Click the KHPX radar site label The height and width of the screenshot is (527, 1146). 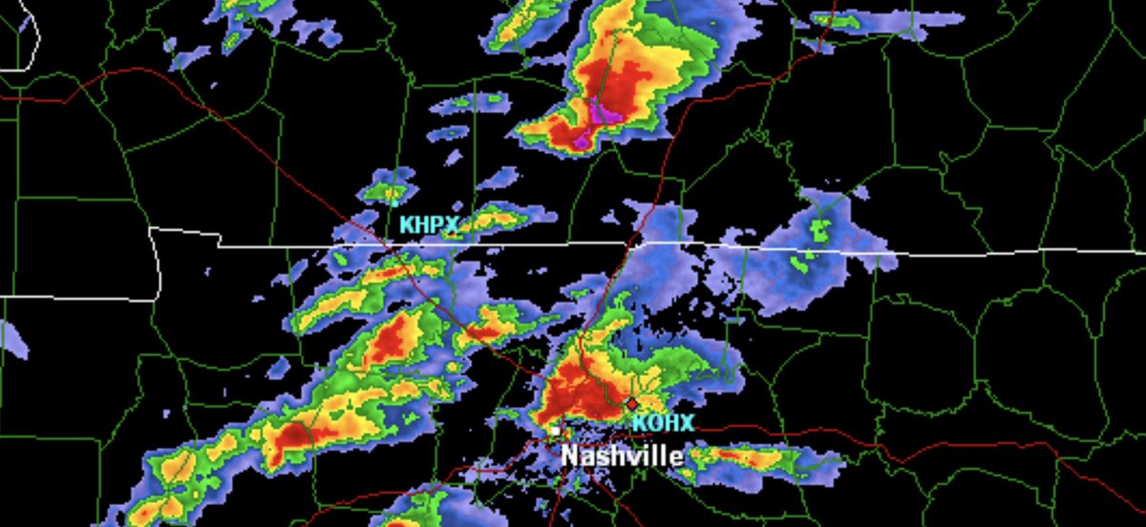(429, 225)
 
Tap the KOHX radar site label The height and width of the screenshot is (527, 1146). (662, 422)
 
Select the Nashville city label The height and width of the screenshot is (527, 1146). (622, 455)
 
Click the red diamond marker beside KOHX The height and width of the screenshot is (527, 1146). (631, 403)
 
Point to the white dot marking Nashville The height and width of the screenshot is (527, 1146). (554, 432)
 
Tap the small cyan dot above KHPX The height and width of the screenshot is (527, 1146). (394, 201)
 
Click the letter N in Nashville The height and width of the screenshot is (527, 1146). (570, 455)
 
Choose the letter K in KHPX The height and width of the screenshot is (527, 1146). (406, 225)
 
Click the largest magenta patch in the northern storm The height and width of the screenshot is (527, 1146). (604, 114)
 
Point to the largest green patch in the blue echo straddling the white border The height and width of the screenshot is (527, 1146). (819, 229)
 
